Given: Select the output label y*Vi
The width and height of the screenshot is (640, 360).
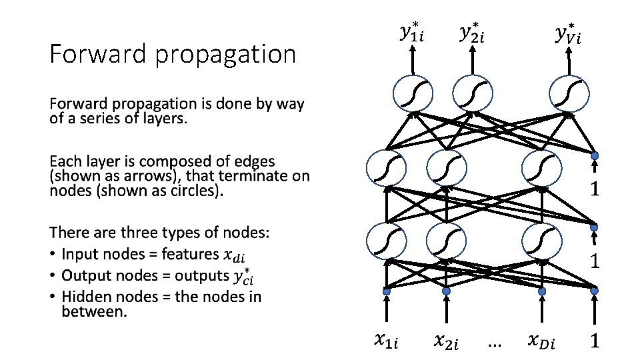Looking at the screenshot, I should [568, 33].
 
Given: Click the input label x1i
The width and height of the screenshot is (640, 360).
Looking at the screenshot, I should [386, 341].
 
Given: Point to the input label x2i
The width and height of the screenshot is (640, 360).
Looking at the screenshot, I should [447, 341].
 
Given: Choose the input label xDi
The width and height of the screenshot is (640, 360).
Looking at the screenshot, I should [541, 341].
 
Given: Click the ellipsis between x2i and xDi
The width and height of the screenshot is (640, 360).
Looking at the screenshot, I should [495, 344].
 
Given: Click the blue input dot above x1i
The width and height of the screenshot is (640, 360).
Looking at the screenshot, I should [385, 291].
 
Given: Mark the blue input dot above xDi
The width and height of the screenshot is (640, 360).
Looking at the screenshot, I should [542, 291].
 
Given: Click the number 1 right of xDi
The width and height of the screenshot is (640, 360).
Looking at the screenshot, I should [595, 341].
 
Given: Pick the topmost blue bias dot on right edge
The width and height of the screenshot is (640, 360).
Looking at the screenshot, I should [595, 155].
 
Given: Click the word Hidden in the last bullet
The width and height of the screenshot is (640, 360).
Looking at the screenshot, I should [86, 297].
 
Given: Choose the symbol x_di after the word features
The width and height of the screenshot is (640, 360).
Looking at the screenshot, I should [235, 255].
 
